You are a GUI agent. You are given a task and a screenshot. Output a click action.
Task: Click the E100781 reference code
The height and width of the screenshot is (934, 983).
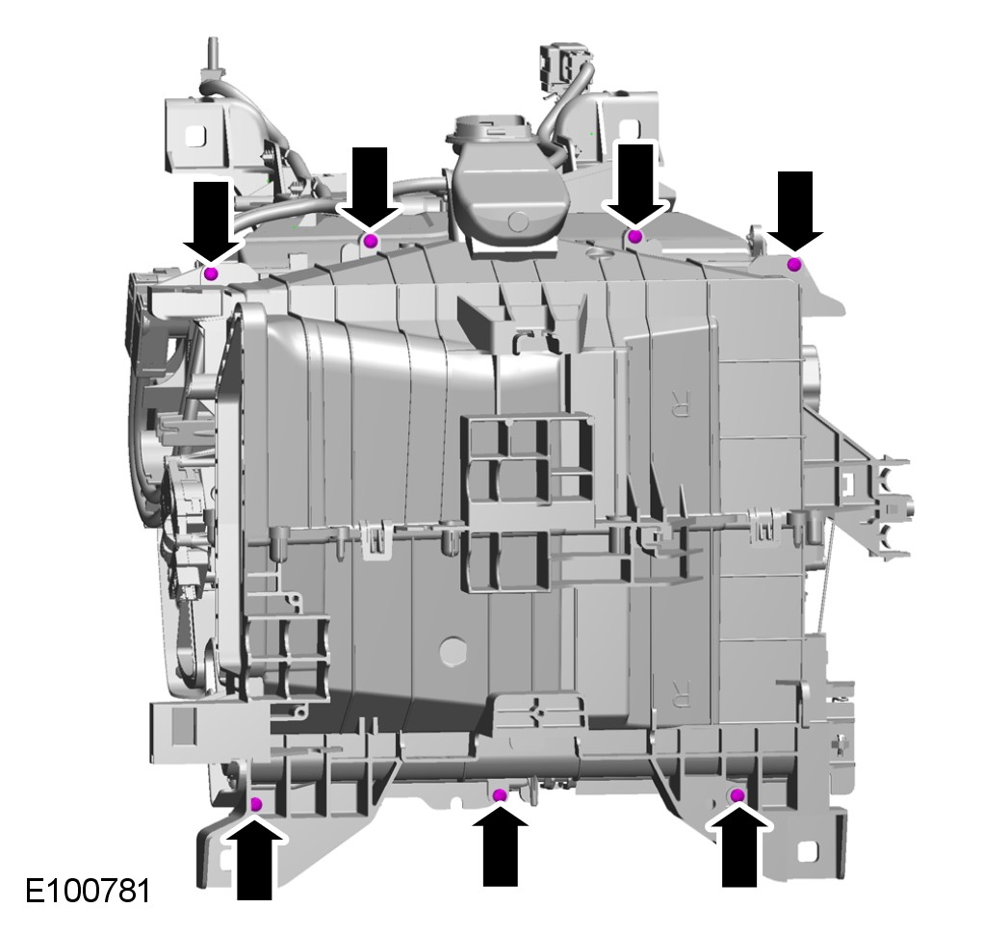(x=88, y=891)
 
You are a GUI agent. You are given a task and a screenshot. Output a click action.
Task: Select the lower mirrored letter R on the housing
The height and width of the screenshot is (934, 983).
(x=679, y=692)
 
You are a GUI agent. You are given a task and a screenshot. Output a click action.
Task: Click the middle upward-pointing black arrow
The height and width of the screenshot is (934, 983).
(x=500, y=845)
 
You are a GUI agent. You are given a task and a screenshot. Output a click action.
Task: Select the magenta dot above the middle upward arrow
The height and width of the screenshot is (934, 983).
(x=500, y=795)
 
